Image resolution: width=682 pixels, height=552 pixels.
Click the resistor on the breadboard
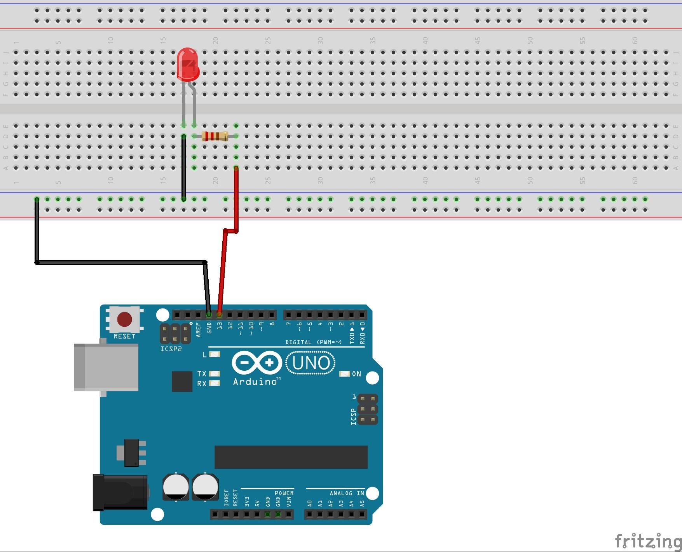215,136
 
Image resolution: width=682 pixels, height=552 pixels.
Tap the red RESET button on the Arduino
124,319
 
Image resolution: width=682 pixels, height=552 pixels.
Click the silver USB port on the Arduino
106,367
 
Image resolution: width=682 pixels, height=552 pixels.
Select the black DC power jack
120,492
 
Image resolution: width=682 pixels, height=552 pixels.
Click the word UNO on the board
310,363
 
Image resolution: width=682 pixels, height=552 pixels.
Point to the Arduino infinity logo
257,363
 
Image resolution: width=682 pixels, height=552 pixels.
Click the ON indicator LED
344,374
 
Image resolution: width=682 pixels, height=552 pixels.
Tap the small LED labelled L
215,354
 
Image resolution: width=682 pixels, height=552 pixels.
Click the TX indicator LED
215,373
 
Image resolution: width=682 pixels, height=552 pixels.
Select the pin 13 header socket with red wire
219,314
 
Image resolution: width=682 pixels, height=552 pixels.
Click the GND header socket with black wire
209,314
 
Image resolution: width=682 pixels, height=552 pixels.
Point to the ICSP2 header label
171,349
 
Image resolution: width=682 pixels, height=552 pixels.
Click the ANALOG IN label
347,493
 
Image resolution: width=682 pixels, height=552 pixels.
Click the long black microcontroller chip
291,457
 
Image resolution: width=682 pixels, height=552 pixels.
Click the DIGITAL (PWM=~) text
313,342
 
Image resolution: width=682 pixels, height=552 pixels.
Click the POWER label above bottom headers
284,493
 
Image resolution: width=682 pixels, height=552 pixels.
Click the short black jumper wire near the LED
184,167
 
